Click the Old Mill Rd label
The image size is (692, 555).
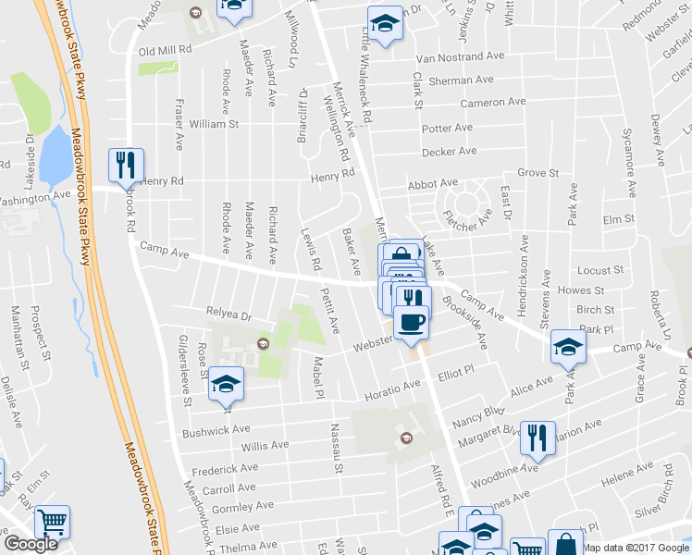click(166, 48)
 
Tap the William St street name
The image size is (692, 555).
click(214, 123)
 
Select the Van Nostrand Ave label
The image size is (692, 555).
click(460, 56)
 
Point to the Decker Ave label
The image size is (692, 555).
click(449, 151)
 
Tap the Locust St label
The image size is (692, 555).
click(599, 270)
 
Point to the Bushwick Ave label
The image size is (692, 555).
click(216, 430)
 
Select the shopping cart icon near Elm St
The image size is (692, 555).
click(53, 524)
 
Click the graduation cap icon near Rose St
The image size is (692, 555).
click(225, 386)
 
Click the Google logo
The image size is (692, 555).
click(31, 544)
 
